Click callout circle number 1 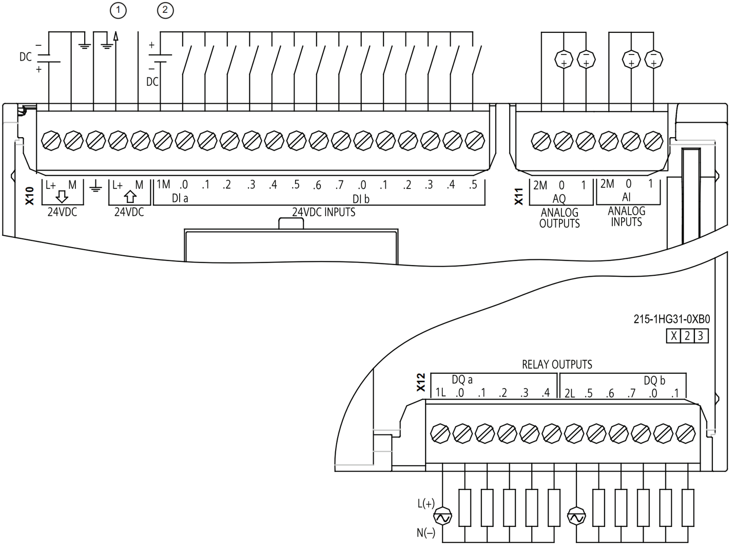pyautogui.click(x=118, y=10)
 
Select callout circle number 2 pyautogui.click(x=165, y=10)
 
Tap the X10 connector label pyautogui.click(x=30, y=196)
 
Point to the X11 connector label pyautogui.click(x=519, y=197)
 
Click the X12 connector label pyautogui.click(x=421, y=383)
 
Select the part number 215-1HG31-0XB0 pyautogui.click(x=671, y=319)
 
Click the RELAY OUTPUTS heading pyautogui.click(x=557, y=365)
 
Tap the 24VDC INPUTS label pyautogui.click(x=323, y=212)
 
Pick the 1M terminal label pyautogui.click(x=163, y=184)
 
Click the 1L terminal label pyautogui.click(x=440, y=392)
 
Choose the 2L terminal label pyautogui.click(x=570, y=393)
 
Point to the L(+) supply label pyautogui.click(x=426, y=503)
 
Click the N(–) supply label pyautogui.click(x=426, y=533)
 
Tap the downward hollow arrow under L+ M pyautogui.click(x=62, y=197)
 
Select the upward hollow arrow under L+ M pyautogui.click(x=130, y=197)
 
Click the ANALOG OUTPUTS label pyautogui.click(x=559, y=218)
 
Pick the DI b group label pyautogui.click(x=361, y=199)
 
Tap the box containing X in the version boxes pyautogui.click(x=673, y=336)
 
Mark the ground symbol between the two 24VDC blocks pyautogui.click(x=95, y=186)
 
